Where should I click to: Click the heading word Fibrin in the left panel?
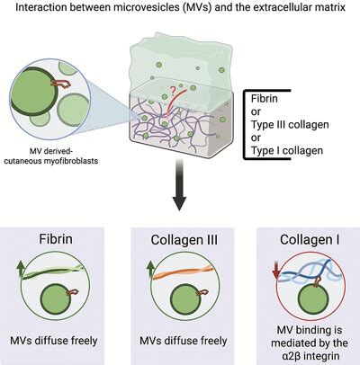pos(60,243)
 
